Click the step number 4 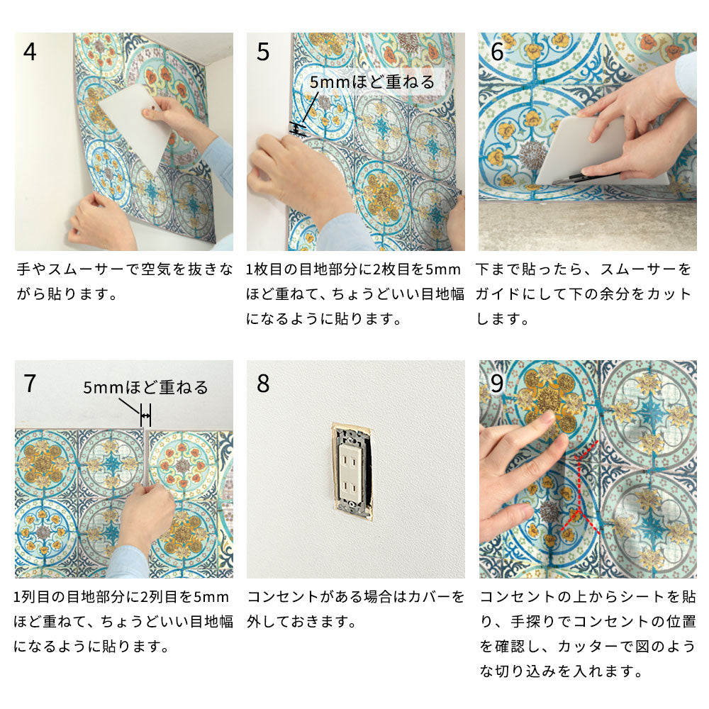tap(30, 52)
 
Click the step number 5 tap(263, 52)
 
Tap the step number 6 tap(497, 52)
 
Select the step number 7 tap(30, 384)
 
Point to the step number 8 tap(263, 384)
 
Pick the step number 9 tap(497, 384)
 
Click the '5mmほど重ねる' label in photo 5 tap(372, 82)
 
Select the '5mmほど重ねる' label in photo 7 tap(145, 388)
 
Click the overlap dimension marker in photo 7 tap(145, 415)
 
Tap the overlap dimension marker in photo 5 tap(297, 129)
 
